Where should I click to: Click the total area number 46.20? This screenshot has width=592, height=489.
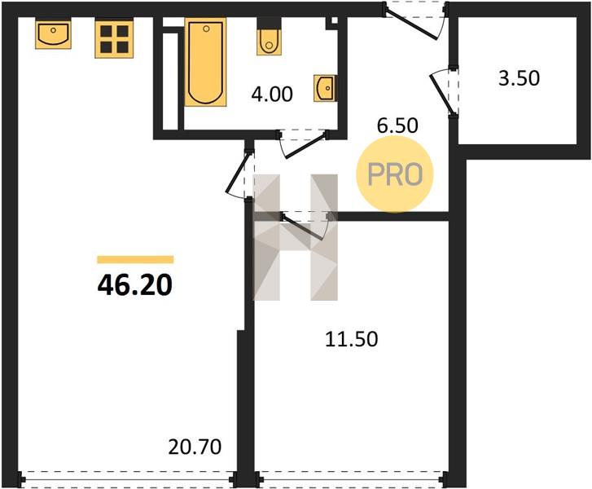135,285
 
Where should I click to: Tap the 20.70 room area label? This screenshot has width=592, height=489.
195,447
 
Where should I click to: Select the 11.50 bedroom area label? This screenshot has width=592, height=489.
352,339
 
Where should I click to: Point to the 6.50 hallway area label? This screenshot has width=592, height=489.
397,126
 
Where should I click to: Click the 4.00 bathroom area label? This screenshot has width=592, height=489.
272,94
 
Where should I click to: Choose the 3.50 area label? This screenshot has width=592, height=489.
520,78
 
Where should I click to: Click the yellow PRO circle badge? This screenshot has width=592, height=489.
395,174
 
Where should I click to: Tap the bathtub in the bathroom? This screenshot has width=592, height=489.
206,63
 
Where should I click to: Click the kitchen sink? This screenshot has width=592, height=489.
53,35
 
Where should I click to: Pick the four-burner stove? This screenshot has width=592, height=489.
114,39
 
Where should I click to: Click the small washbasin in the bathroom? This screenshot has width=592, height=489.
324,88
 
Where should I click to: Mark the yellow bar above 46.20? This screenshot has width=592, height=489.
135,259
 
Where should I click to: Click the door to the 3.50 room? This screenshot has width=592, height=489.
445,92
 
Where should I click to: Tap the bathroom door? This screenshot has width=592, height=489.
303,143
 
